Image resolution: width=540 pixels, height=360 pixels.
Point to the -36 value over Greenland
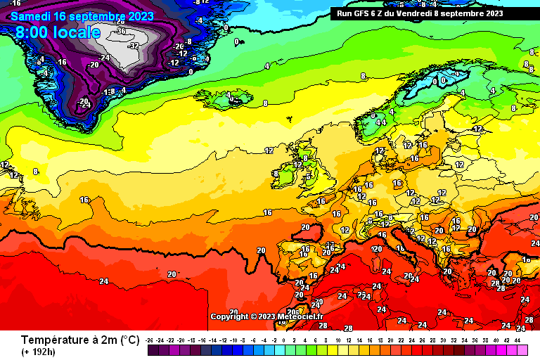pyautogui.click(x=121, y=31)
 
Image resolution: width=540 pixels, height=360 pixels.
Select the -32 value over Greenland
pyautogui.click(x=134, y=45)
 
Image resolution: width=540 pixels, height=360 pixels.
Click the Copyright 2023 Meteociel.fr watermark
pyautogui.click(x=267, y=316)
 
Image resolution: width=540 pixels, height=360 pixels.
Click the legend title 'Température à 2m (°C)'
pyautogui.click(x=79, y=340)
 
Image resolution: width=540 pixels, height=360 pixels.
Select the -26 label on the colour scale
pyautogui.click(x=149, y=340)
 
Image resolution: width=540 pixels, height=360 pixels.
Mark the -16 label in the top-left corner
pyautogui.click(x=14, y=4)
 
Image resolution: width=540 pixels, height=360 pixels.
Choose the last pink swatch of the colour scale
pyautogui.click(x=522, y=349)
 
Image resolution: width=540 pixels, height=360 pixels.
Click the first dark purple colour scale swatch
pyautogui.click(x=153, y=349)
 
